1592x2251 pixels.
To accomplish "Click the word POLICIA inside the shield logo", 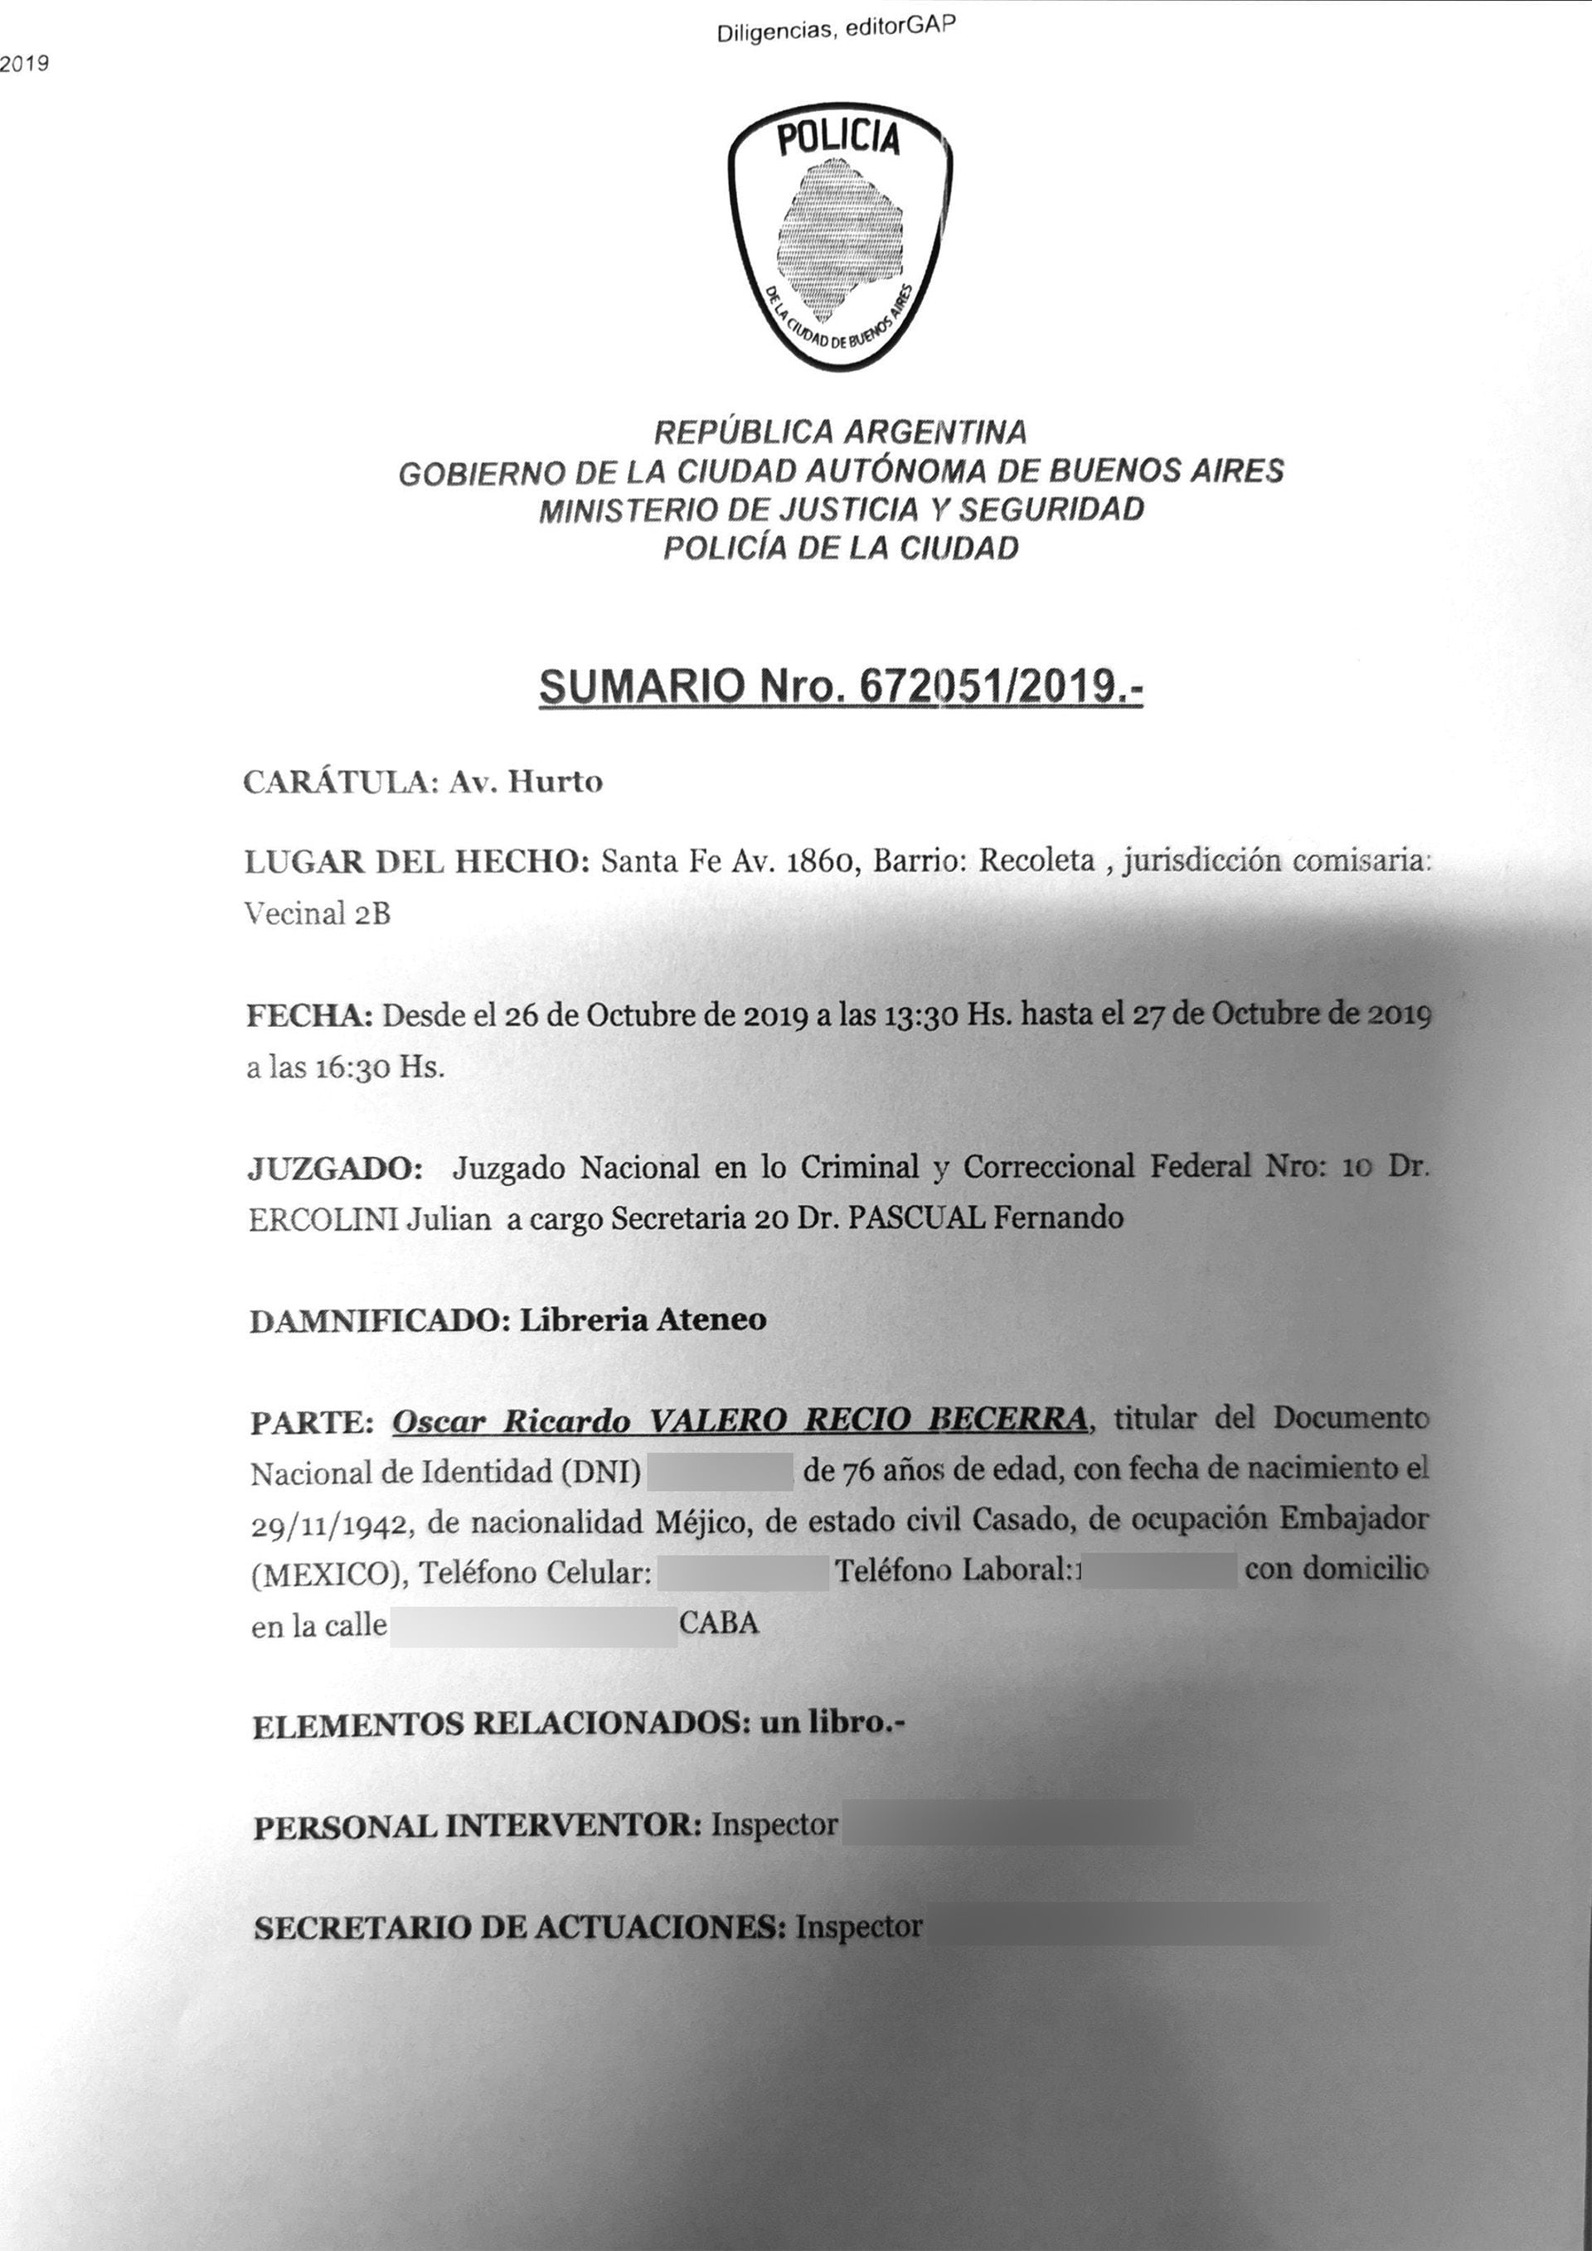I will pos(838,139).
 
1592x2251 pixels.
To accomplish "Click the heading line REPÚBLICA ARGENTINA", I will pos(841,431).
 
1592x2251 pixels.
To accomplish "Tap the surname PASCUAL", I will pos(916,1217).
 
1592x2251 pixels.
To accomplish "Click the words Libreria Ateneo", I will pos(643,1319).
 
